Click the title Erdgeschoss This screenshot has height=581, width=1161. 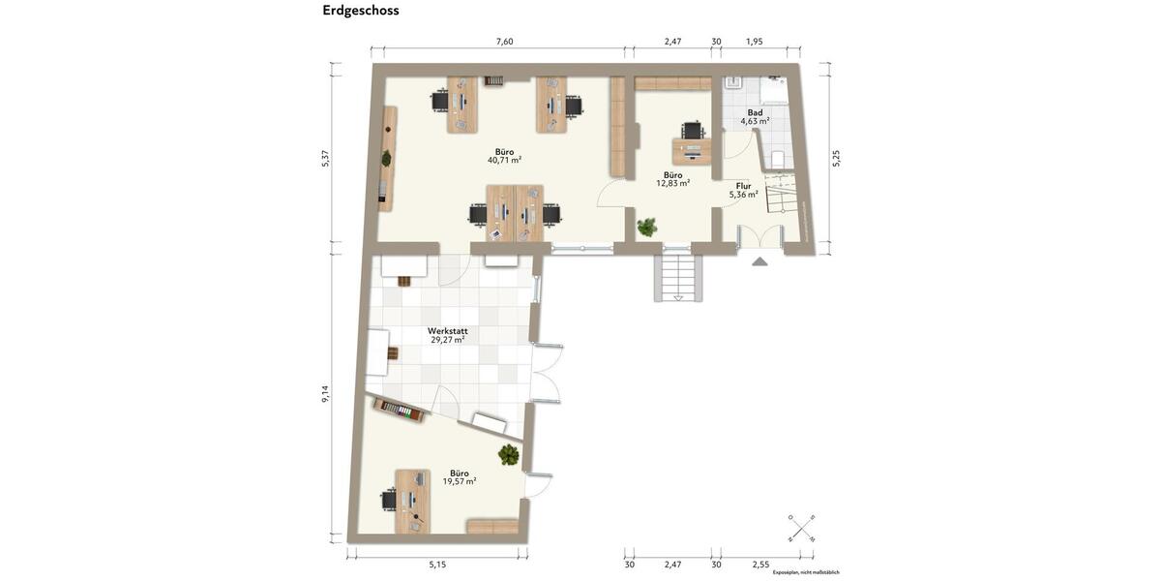[x=361, y=11]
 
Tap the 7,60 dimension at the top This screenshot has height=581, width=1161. [x=504, y=42]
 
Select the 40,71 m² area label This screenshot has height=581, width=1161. [x=504, y=160]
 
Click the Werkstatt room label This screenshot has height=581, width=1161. [x=447, y=330]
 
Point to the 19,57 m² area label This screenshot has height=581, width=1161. [x=459, y=480]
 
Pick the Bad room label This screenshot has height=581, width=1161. [x=755, y=112]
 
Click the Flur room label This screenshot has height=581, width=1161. [x=743, y=185]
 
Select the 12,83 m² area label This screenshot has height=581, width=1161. [x=672, y=183]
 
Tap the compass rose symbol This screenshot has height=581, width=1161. [x=801, y=529]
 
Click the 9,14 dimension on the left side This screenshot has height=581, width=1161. [x=325, y=394]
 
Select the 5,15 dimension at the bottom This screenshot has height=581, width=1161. [x=436, y=564]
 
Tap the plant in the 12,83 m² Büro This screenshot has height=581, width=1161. [x=646, y=228]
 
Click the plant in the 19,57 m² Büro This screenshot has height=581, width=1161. [x=509, y=454]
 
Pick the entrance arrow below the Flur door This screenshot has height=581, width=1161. [x=759, y=260]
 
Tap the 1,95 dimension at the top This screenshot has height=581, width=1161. [x=755, y=42]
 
